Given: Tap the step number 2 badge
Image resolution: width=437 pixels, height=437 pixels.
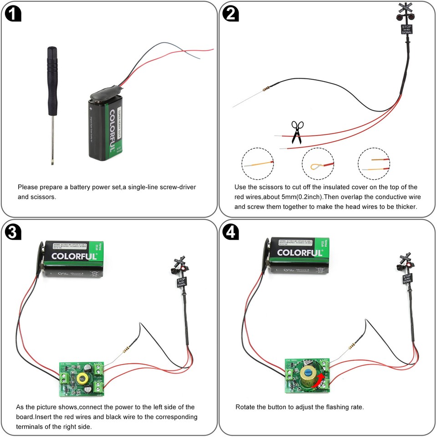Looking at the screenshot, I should pyautogui.click(x=231, y=14).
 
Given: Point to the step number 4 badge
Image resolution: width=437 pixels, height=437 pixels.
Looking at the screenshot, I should pyautogui.click(x=231, y=232).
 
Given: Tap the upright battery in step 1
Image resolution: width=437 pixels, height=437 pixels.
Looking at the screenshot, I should pyautogui.click(x=105, y=126).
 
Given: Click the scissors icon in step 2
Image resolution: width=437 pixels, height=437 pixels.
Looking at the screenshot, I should pyautogui.click(x=297, y=132).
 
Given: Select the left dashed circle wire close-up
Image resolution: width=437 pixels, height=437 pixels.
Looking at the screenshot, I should pyautogui.click(x=258, y=163).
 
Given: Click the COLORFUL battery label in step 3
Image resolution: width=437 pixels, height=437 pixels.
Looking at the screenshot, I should pyautogui.click(x=74, y=256).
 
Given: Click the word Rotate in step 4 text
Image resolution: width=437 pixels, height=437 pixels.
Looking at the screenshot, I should pyautogui.click(x=246, y=407).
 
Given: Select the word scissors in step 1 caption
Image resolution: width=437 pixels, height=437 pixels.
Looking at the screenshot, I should pyautogui.click(x=42, y=198).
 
